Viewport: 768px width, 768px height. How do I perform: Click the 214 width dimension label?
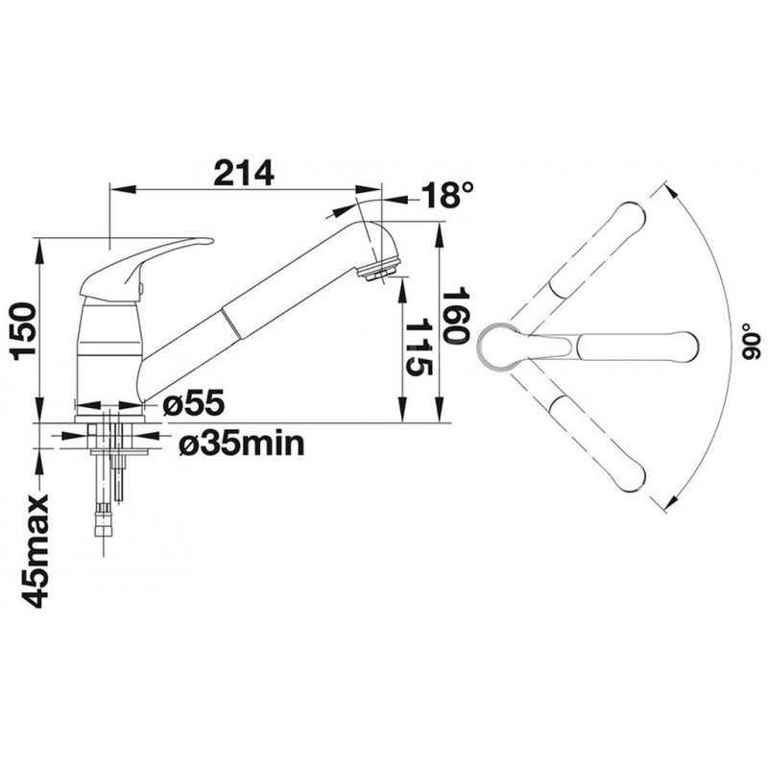coord(244,173)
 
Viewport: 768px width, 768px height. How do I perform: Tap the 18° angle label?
coord(447,195)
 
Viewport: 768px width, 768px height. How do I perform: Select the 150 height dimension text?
coord(24,331)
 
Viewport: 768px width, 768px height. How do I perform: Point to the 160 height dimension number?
coord(455,316)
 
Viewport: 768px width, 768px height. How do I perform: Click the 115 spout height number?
coord(419,347)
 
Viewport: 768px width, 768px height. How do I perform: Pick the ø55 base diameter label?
coord(194,403)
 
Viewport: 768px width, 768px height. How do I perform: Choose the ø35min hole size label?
coord(242,444)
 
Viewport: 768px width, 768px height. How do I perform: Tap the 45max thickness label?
coord(35,550)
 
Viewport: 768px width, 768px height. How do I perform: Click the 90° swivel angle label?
coord(749,342)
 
